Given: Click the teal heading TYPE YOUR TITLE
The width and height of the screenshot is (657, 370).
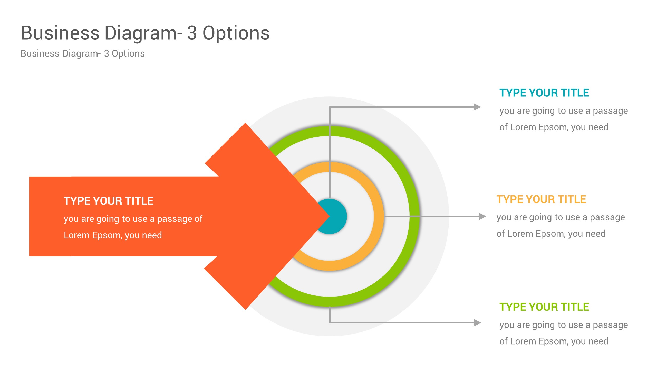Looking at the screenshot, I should click(544, 93).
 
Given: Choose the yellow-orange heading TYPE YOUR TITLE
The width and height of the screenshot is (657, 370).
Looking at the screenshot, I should click(541, 199).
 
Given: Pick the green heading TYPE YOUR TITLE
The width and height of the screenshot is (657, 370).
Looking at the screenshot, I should click(544, 307).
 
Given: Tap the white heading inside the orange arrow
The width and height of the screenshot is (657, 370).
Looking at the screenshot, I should click(108, 201).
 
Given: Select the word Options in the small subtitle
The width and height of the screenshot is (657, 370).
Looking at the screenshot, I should click(128, 53).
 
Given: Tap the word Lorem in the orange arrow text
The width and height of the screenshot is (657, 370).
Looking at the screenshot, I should click(77, 235).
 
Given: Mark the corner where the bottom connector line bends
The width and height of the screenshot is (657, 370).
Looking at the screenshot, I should click(330, 322).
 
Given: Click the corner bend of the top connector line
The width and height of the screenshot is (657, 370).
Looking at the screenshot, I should click(330, 107).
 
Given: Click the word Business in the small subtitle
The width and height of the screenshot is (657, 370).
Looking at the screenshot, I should click(40, 53).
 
